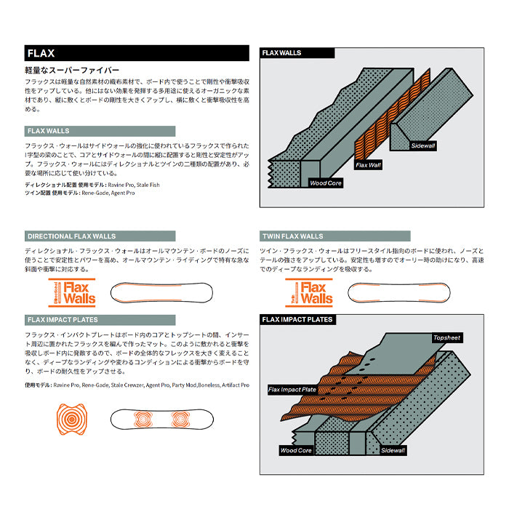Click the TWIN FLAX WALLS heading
coord(334,236)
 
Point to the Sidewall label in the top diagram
coord(423,146)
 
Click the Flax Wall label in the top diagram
coord(368,166)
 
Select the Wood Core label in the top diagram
coord(325,183)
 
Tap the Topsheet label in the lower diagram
coord(446,338)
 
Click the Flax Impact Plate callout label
coord(292,390)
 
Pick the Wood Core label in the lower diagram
coord(296,451)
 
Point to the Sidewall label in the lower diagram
coord(393,451)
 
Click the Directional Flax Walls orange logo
coord(73,292)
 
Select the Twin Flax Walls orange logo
coord(309,292)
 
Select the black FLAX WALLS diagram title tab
coord(297,53)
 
